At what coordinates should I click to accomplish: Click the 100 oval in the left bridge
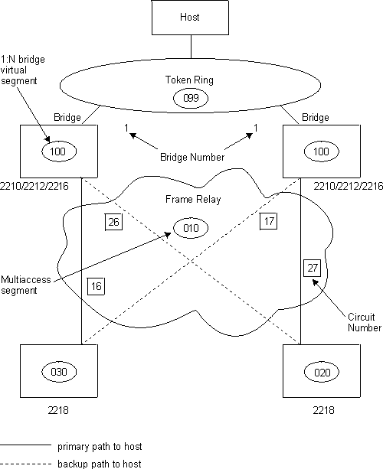[58, 151]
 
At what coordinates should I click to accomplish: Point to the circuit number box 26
[113, 223]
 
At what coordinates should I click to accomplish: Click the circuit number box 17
[267, 222]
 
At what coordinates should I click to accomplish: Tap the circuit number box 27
[312, 269]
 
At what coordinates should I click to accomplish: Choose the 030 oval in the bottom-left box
[58, 373]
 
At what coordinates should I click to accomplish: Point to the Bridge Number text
[191, 157]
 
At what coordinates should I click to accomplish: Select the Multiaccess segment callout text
[26, 285]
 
